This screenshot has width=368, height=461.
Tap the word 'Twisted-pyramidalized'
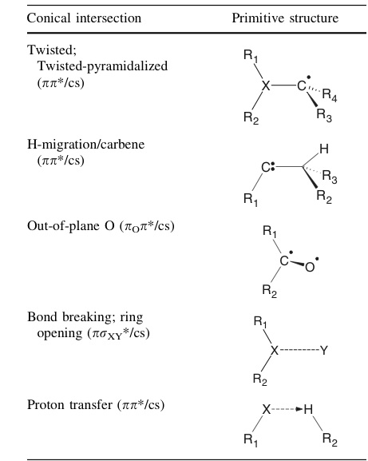pyautogui.click(x=101, y=66)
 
